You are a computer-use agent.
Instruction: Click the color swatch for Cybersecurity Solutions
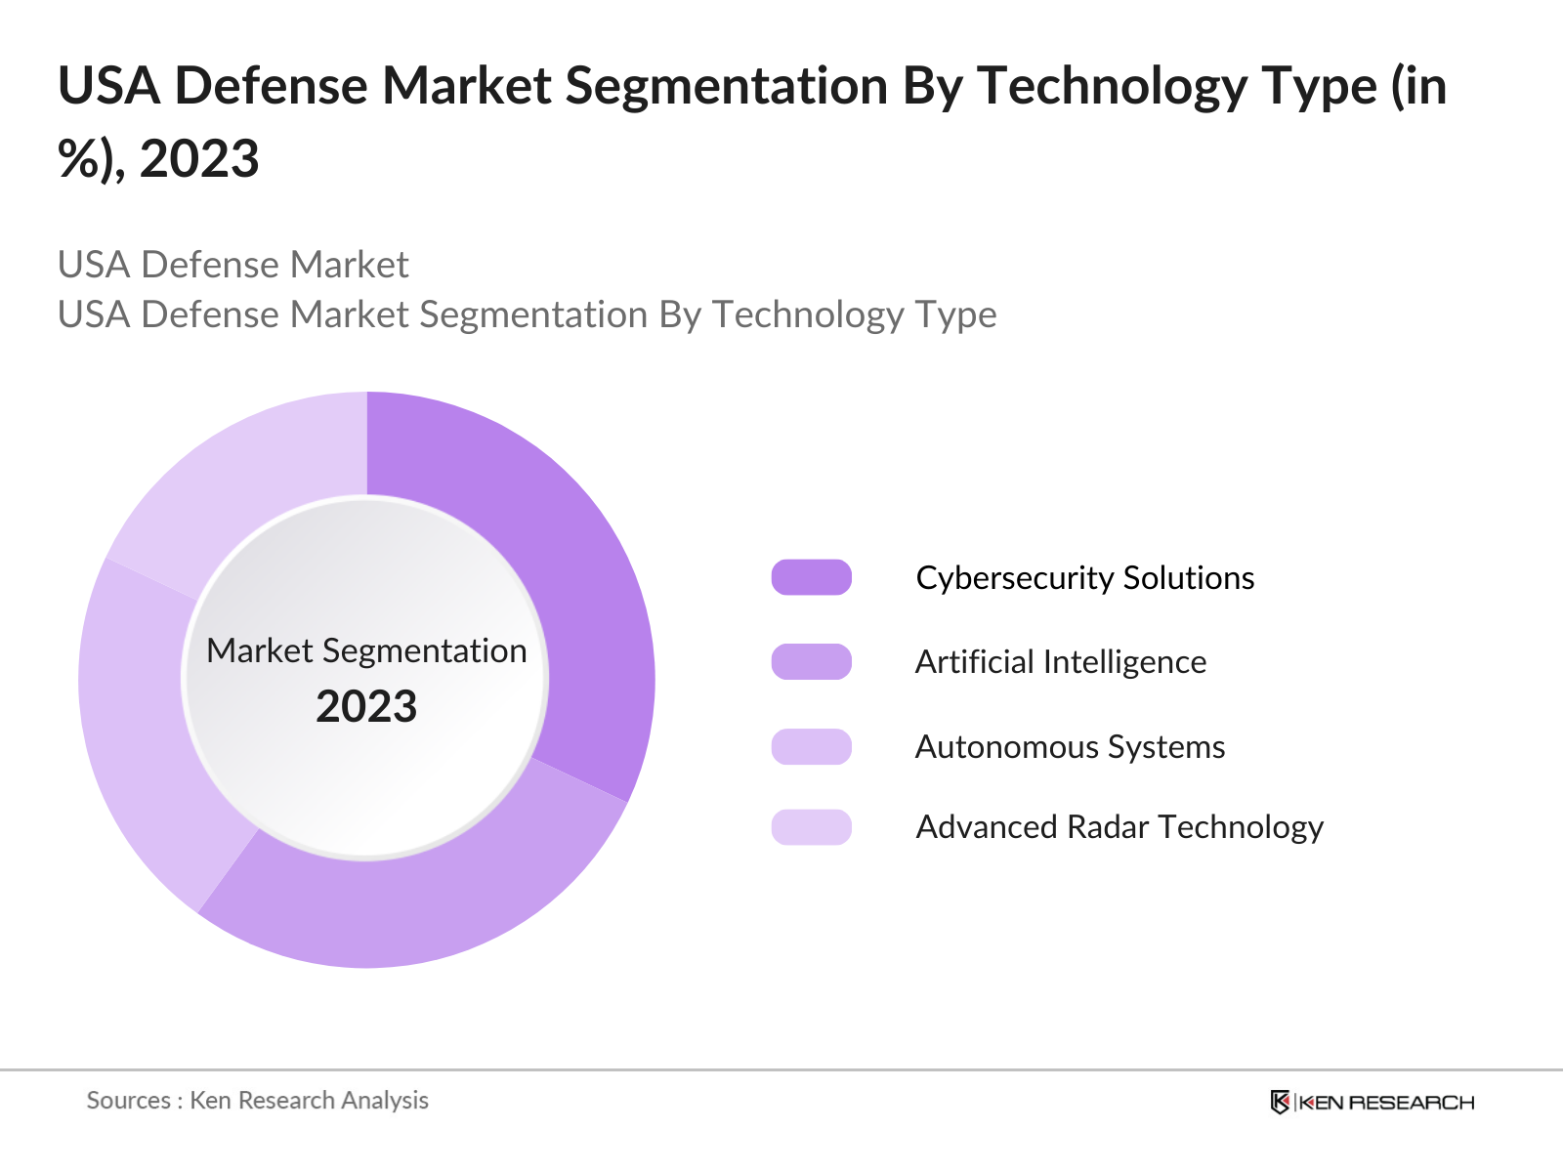click(811, 577)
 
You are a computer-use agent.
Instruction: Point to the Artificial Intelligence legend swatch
click(811, 662)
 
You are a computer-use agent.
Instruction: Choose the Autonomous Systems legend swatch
click(811, 747)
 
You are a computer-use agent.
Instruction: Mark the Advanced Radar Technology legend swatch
click(811, 827)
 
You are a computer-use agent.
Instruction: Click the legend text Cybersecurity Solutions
click(1084, 577)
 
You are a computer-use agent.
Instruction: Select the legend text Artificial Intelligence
click(1060, 662)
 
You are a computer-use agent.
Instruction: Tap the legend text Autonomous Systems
click(1070, 747)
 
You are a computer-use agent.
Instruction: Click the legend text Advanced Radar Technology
click(1119, 827)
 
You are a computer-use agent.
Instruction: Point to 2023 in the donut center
click(366, 706)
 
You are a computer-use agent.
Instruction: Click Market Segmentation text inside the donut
click(366, 650)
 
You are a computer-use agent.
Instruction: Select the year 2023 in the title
click(199, 158)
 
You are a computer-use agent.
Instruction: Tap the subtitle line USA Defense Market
click(232, 265)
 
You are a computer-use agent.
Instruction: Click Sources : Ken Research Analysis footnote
click(257, 1101)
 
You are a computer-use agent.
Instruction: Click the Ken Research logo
click(1372, 1102)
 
